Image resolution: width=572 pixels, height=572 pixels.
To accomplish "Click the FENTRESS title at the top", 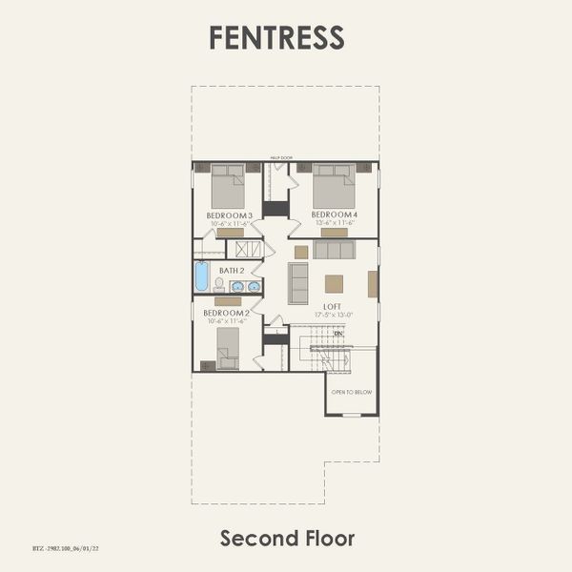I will pos(276,37).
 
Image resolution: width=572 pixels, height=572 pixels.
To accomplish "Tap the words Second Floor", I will pos(287,538).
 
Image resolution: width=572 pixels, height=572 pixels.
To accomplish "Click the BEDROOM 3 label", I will pos(229,215).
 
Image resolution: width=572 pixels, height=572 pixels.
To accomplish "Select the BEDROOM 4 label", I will pos(334,214).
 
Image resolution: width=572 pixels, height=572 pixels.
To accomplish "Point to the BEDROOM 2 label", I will pos(226,313).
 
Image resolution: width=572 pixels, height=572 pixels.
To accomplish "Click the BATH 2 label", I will pos(233,271).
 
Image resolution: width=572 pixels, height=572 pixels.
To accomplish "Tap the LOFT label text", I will pos(332,306).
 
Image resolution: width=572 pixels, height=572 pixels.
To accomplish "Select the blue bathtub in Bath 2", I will pos(201,276).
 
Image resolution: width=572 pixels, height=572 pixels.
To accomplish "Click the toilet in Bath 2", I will pos(218,284).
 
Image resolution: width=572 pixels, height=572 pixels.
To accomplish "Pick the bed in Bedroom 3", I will pos(228,187).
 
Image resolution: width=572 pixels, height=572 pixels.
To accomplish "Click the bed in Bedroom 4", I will pos(335,187).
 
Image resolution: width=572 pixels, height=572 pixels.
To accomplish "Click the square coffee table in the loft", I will pos(334,283).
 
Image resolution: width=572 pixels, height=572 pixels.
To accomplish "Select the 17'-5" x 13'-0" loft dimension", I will pos(332,315).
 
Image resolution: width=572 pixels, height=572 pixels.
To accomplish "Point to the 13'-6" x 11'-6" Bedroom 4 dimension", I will pos(334,223).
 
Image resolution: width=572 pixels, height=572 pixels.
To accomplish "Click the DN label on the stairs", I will pos(337,333).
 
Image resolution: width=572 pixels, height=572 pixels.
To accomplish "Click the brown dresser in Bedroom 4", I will pos(334,232).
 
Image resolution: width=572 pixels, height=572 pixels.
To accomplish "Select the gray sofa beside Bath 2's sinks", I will pos(298,283).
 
